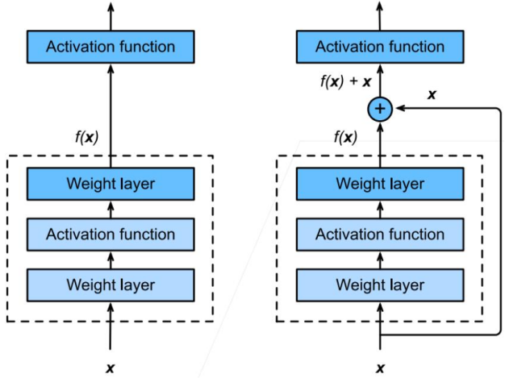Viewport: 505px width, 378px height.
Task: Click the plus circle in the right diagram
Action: (x=380, y=109)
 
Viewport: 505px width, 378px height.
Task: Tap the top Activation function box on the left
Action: (x=111, y=47)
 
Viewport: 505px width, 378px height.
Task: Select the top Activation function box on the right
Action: (x=380, y=47)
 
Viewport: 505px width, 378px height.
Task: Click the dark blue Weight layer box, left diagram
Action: (x=111, y=184)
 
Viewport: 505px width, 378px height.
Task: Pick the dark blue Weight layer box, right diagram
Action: (x=380, y=184)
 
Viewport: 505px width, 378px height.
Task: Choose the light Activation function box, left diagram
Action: (x=111, y=235)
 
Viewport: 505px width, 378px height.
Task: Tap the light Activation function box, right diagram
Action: (x=380, y=235)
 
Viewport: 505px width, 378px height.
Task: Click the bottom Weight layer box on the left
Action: (x=111, y=285)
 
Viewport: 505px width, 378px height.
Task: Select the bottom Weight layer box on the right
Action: (x=380, y=285)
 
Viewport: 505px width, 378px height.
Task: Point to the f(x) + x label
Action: (x=345, y=81)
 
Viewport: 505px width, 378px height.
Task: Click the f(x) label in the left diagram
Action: (x=86, y=138)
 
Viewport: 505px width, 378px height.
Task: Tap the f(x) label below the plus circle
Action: (x=345, y=138)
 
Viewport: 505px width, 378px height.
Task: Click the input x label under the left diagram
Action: (x=111, y=368)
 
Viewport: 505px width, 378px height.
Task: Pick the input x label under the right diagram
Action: (x=380, y=368)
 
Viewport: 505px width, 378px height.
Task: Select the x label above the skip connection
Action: (x=432, y=94)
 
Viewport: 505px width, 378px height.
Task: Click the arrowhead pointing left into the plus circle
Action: (x=400, y=109)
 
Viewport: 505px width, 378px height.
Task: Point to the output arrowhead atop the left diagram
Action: (x=111, y=7)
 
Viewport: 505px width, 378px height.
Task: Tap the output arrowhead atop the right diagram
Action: (x=380, y=7)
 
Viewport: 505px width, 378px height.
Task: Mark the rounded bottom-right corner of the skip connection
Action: (x=499, y=333)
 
